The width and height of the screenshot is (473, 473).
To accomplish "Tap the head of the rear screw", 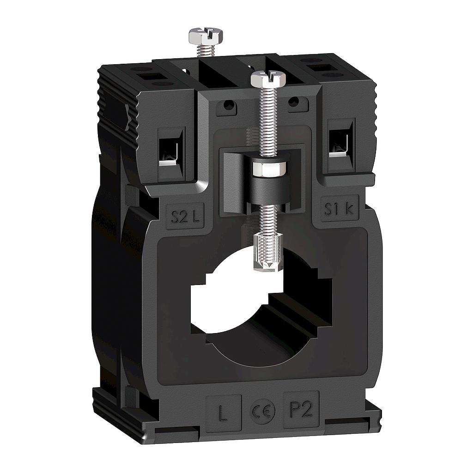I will coord(206,35).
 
